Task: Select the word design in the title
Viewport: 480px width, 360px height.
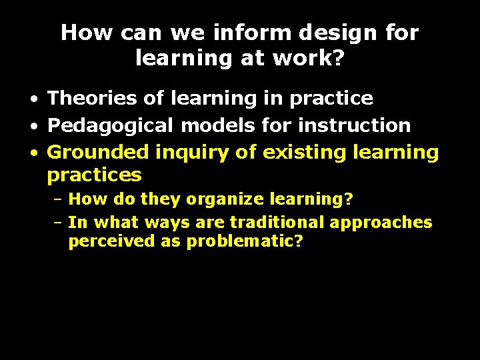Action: (x=342, y=33)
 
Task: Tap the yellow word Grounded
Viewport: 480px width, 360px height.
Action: (x=99, y=152)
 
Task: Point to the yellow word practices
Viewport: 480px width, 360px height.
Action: (x=95, y=176)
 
